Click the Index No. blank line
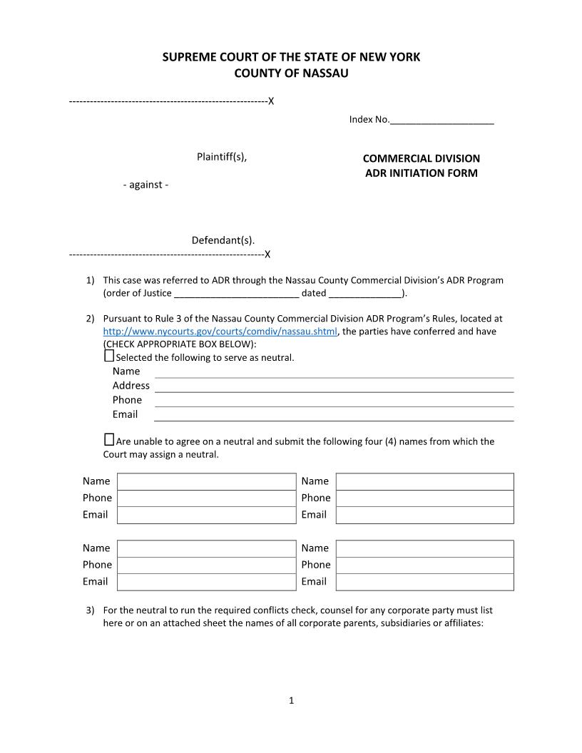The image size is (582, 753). click(441, 121)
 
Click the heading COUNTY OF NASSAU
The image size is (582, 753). click(291, 73)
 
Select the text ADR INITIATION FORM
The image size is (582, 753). click(421, 173)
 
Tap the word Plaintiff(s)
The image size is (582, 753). click(222, 157)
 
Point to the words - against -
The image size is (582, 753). click(145, 185)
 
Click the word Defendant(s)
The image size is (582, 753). click(223, 240)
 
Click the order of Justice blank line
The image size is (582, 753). click(236, 294)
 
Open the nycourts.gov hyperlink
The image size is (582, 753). click(220, 332)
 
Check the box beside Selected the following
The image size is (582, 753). click(109, 356)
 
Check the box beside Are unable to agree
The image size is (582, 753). click(109, 440)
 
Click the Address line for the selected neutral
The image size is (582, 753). click(334, 386)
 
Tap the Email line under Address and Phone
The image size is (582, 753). click(334, 414)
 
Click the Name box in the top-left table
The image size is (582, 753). click(206, 481)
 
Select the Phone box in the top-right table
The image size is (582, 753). click(424, 498)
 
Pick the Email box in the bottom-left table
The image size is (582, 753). click(206, 582)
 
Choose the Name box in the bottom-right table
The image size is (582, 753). click(424, 548)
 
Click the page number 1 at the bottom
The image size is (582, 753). click(291, 700)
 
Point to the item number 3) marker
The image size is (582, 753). click(90, 610)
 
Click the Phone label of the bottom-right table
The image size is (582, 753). click(316, 565)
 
